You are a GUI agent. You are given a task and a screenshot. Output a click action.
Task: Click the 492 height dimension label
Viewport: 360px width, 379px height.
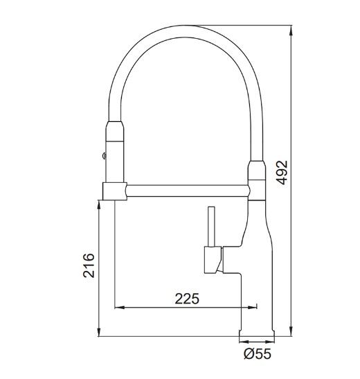click(x=282, y=173)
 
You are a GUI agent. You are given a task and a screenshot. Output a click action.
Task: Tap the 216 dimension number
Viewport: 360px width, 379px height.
click(x=89, y=265)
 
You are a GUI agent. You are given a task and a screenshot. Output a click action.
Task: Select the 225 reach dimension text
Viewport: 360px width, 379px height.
click(x=187, y=299)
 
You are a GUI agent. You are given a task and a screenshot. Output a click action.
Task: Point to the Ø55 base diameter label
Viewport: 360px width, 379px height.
click(x=258, y=354)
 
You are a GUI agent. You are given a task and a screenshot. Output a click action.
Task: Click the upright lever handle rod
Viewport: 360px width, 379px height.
click(x=212, y=227)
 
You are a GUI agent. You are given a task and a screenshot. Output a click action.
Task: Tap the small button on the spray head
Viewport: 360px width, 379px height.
click(x=105, y=156)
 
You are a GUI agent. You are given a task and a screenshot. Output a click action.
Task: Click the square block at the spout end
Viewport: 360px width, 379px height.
click(x=115, y=191)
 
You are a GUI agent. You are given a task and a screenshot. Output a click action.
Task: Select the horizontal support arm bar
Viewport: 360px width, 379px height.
click(x=188, y=191)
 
